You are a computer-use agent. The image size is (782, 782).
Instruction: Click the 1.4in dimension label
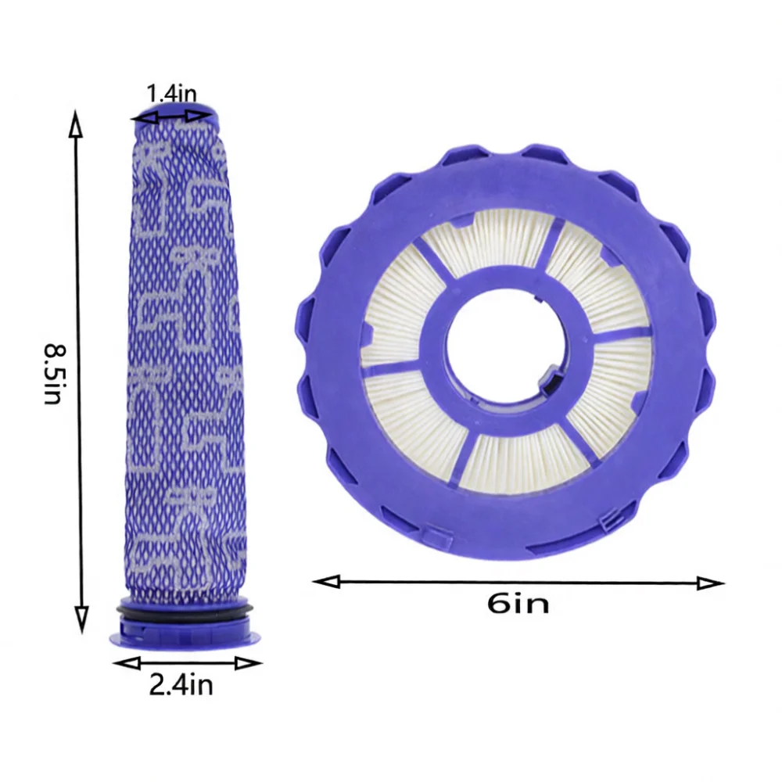coord(171,95)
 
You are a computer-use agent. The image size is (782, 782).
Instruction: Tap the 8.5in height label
coord(54,373)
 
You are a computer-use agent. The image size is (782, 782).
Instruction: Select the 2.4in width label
coord(181,685)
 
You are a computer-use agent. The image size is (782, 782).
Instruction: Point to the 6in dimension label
coord(518,604)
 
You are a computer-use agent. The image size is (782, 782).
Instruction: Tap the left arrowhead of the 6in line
coord(326,582)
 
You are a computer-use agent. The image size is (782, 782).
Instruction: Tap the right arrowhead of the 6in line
coord(710,583)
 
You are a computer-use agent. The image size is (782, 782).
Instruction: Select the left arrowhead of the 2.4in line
coord(127,663)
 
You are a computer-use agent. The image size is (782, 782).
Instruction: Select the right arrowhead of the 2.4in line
coord(249,663)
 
